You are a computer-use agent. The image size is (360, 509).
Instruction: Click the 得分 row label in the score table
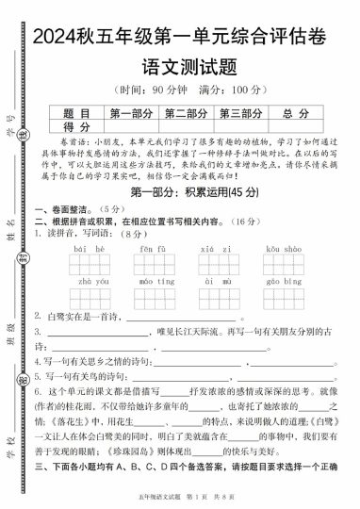(77, 126)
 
